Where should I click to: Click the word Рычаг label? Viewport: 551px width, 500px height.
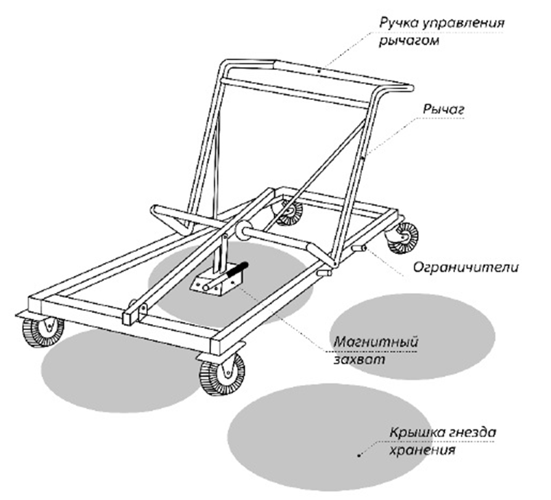[x=443, y=110]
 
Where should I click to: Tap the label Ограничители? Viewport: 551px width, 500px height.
[x=465, y=267]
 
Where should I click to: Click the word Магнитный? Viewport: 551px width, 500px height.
[x=376, y=342]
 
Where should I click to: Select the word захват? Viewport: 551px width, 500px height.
[x=359, y=360]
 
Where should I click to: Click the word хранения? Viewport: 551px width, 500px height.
[x=422, y=450]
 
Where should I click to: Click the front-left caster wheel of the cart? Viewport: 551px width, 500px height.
[x=43, y=331]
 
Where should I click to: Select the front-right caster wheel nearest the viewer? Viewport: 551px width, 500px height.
[x=222, y=373]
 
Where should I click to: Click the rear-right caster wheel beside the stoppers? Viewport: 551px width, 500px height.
[x=404, y=237]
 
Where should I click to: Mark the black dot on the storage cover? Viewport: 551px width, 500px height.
[x=359, y=455]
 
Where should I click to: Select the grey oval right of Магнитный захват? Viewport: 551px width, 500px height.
[x=413, y=336]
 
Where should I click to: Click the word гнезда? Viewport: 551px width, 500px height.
[x=473, y=432]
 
